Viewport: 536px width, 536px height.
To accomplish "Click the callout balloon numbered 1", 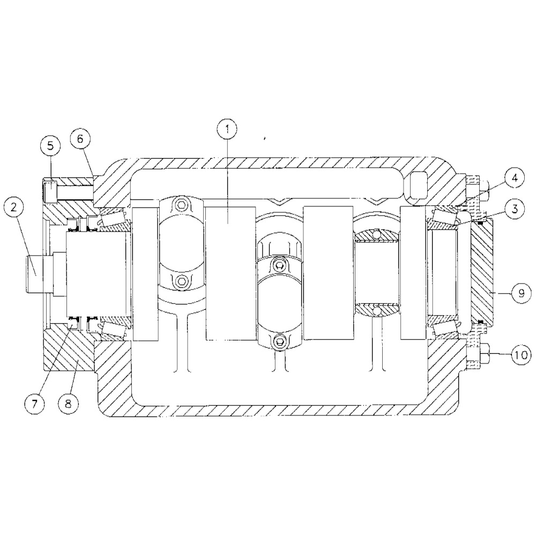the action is pos(227,129).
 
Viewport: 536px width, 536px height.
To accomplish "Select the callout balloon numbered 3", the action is pos(515,209).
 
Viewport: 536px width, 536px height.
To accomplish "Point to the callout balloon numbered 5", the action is pos(50,146).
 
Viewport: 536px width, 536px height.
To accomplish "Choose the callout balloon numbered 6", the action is pos(80,139).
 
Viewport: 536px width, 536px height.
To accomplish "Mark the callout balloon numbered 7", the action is pos(34,404).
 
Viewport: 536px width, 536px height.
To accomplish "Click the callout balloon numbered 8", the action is pos(68,404).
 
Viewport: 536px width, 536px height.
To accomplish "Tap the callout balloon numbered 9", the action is pos(521,293).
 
